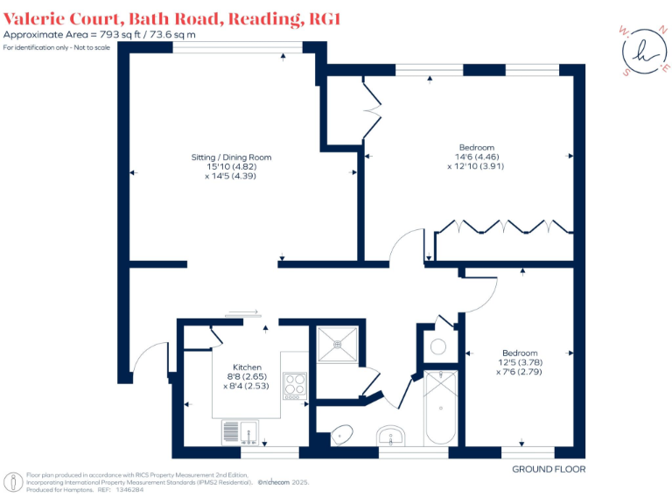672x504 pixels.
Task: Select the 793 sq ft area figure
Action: (122, 34)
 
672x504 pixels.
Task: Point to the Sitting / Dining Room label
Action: (232, 157)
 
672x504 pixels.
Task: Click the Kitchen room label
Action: (247, 367)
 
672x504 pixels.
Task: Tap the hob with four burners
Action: (295, 384)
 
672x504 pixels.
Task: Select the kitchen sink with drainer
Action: (238, 430)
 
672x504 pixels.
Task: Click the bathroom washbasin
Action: (389, 435)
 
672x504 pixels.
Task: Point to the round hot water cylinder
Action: (439, 346)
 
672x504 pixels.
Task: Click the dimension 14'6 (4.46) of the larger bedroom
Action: (477, 157)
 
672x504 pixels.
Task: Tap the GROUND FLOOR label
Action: (549, 470)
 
